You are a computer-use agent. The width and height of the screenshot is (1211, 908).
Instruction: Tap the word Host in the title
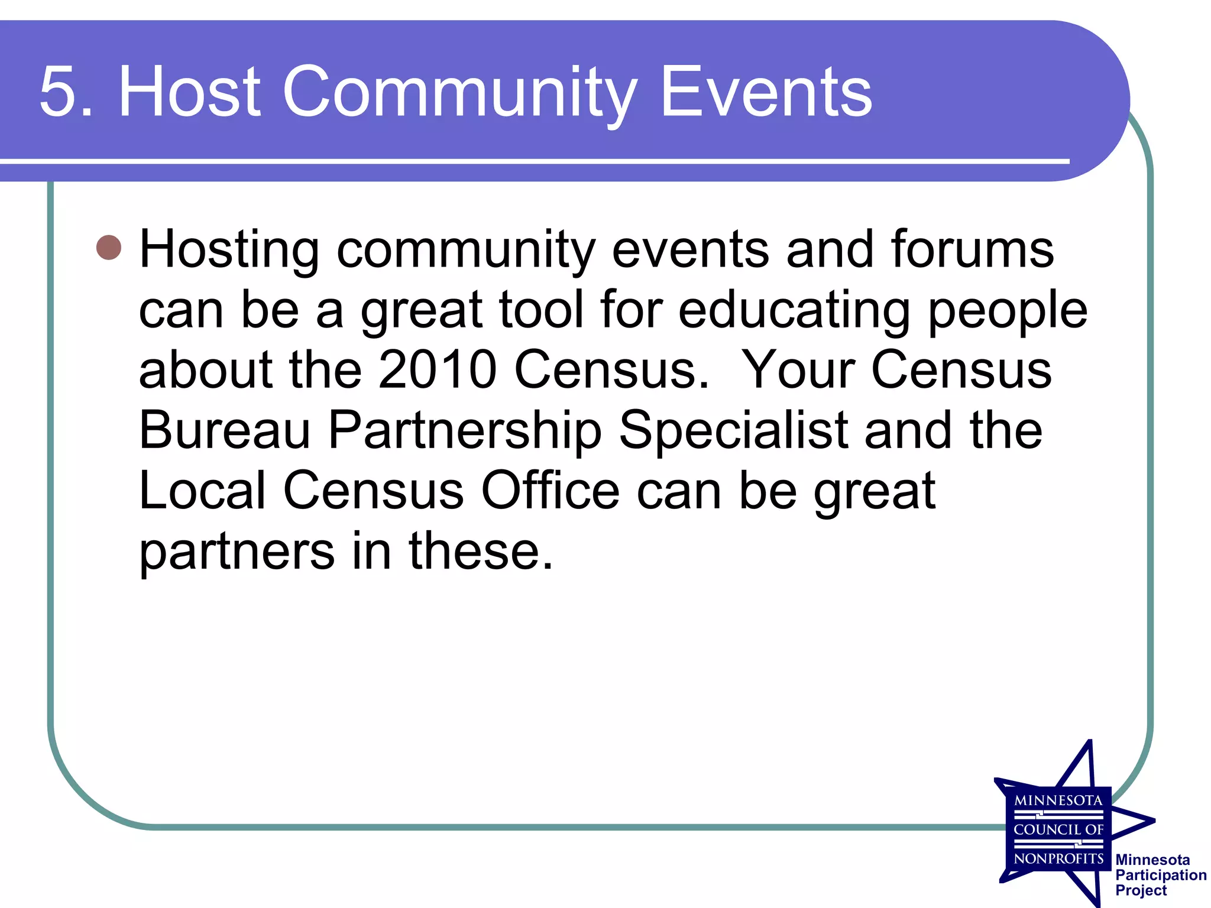tap(189, 92)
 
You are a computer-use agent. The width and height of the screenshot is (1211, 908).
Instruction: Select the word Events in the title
tap(766, 92)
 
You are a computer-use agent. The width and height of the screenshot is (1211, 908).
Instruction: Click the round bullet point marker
tap(109, 248)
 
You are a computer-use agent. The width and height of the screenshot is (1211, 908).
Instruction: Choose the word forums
tap(972, 249)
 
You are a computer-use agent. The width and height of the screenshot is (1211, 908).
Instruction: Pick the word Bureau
tap(225, 430)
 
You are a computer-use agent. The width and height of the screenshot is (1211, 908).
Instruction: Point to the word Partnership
tap(465, 432)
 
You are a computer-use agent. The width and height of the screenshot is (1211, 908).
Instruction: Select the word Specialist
tap(733, 432)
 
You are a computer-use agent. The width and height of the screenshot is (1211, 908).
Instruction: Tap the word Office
tap(551, 491)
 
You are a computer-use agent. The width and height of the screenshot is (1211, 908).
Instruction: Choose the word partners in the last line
tap(237, 552)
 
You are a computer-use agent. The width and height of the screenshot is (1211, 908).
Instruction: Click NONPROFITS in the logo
tap(1058, 858)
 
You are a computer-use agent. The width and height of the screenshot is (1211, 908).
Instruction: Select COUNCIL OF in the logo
tap(1058, 829)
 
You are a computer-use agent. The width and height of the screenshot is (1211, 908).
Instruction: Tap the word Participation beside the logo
tap(1161, 875)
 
